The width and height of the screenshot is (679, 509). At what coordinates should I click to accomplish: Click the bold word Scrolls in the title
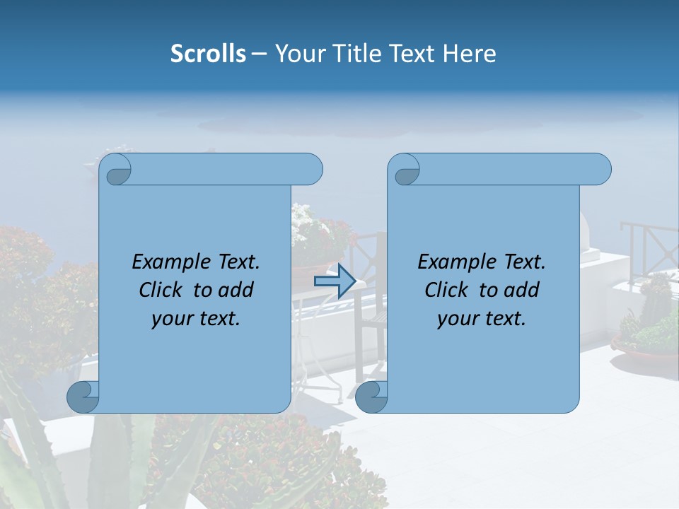pos(208,54)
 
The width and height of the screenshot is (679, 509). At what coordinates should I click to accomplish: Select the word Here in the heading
pos(469,54)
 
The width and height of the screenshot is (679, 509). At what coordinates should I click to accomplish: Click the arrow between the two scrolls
pos(335,281)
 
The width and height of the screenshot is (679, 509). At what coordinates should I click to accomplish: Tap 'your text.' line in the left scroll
pos(196,318)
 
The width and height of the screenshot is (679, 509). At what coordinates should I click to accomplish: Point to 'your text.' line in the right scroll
pos(482,318)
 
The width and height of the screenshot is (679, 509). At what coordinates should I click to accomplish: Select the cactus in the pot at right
pos(656,300)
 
